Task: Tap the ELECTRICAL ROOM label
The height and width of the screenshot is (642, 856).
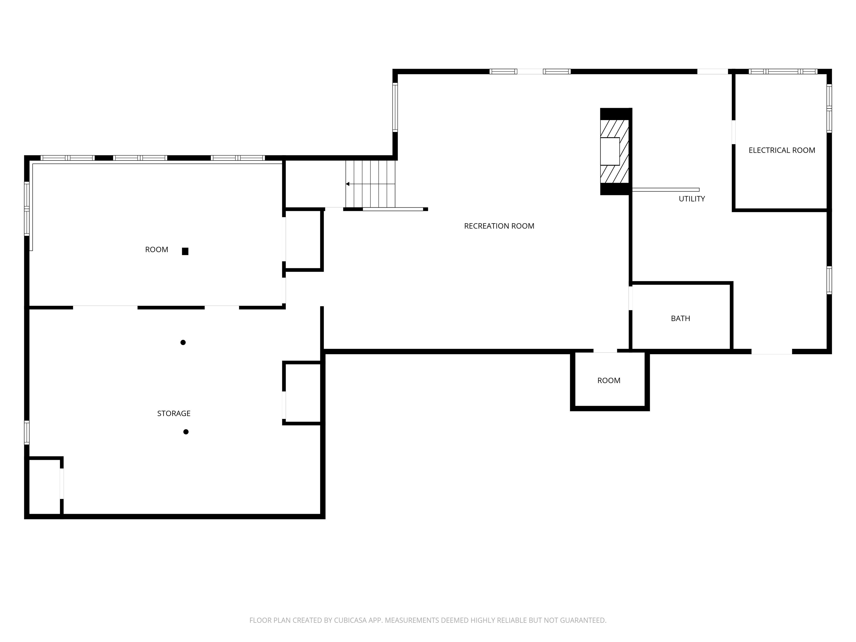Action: tap(782, 150)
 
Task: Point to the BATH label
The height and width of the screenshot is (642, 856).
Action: tap(680, 318)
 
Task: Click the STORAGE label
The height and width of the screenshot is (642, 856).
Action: tap(174, 413)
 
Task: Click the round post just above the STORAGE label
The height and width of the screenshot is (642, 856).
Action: tap(183, 342)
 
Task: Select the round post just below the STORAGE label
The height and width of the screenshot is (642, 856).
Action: tap(186, 432)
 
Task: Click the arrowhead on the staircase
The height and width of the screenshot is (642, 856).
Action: tap(347, 184)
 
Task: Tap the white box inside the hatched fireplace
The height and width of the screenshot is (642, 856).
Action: tap(610, 151)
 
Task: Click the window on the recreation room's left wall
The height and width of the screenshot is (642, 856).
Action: tap(395, 107)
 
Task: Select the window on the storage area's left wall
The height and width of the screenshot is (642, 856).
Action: tap(27, 432)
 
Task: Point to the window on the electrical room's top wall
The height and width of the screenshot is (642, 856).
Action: tap(783, 72)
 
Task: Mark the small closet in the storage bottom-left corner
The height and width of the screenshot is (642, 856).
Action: tap(45, 487)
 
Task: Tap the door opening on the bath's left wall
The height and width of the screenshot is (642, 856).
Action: tap(630, 298)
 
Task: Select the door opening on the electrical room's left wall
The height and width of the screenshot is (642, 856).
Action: tap(733, 132)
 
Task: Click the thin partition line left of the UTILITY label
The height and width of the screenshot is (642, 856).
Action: tap(666, 190)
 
